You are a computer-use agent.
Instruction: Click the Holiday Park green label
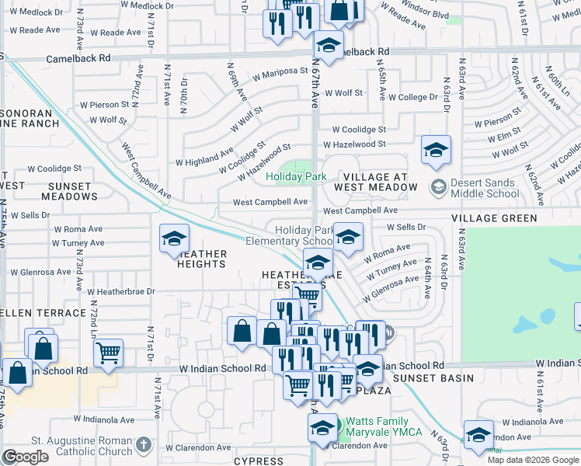coord(296,177)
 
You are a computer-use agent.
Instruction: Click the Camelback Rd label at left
coord(78,58)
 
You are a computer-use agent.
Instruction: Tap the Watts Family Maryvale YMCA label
coord(383,426)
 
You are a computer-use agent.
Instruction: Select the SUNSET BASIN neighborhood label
coord(433,378)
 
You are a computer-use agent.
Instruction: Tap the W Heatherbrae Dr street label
coord(121,292)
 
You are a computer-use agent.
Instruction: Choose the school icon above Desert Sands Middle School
coord(436,151)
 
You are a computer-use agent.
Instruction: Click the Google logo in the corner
coord(26,457)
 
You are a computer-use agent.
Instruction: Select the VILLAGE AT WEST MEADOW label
coord(371,182)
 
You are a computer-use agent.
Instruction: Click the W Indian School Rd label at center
coord(222,369)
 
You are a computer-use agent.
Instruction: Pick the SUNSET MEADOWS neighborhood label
coord(75,192)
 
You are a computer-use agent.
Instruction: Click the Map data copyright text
coord(534,460)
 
